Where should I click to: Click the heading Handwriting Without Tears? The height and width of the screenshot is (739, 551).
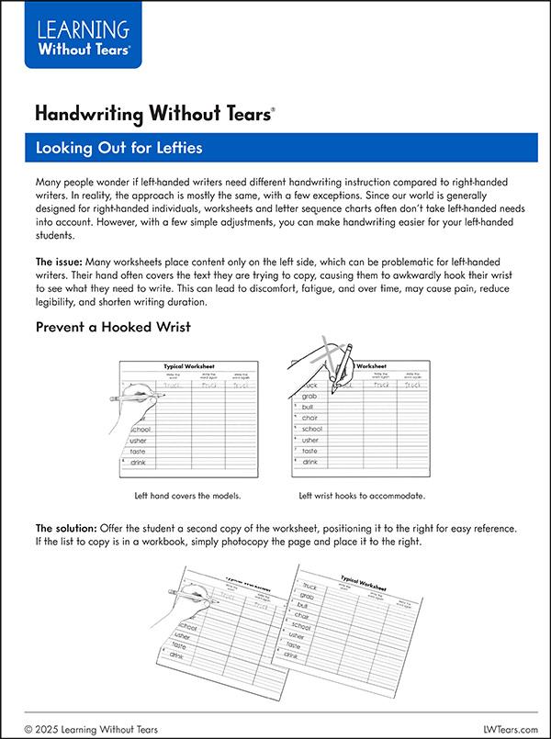[153, 114]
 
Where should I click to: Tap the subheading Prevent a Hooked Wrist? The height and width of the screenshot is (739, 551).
[113, 327]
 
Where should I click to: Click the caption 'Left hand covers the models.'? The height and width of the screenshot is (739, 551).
[187, 496]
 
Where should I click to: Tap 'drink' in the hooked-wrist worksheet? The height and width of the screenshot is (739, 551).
[312, 462]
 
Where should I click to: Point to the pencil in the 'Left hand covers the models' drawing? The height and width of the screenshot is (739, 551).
[129, 398]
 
